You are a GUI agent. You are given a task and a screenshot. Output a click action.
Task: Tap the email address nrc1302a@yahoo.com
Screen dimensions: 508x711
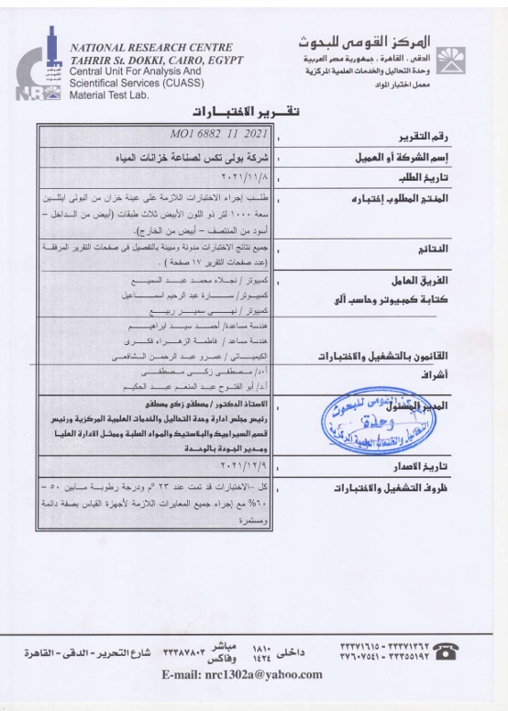click(241, 674)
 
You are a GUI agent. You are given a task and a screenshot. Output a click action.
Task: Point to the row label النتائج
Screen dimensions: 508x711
click(458, 249)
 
